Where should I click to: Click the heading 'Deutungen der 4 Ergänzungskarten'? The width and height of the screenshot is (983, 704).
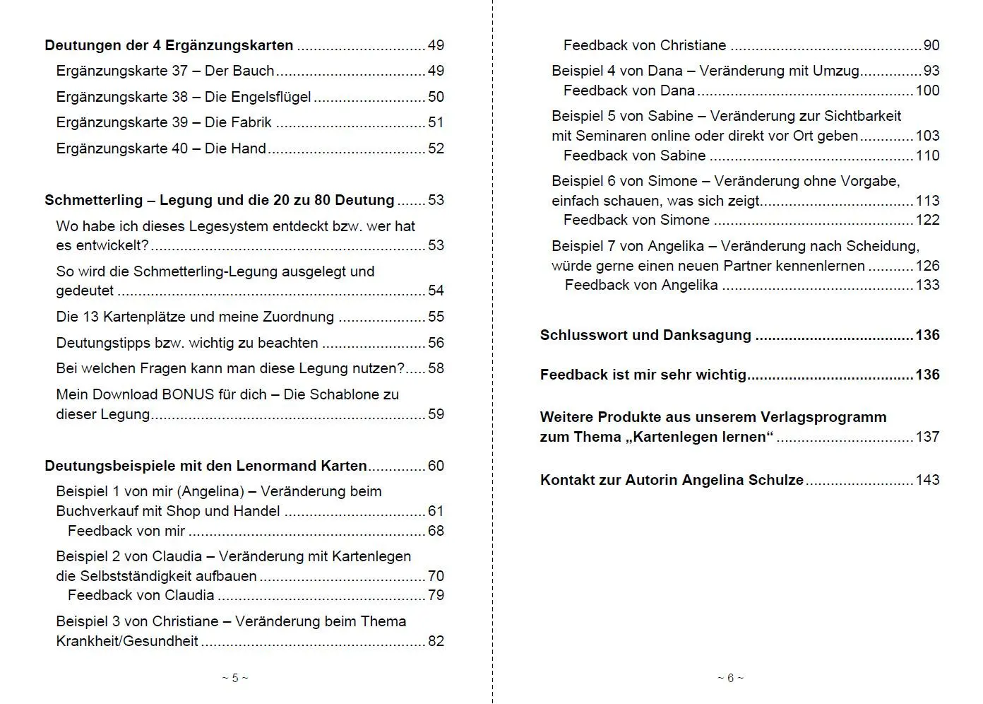tap(169, 45)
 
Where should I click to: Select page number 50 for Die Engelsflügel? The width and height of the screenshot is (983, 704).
tap(436, 97)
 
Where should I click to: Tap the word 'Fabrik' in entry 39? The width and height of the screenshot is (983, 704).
tap(251, 122)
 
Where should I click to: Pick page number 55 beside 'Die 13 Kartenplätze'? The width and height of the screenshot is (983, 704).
tap(436, 317)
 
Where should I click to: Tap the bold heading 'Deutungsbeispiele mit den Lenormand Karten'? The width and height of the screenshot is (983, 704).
tap(205, 466)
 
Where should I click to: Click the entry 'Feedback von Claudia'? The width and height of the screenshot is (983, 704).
tap(141, 595)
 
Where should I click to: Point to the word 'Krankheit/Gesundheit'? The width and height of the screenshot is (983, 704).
tap(127, 641)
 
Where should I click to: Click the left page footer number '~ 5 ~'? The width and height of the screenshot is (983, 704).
tap(235, 678)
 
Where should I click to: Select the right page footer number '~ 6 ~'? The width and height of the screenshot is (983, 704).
tap(730, 678)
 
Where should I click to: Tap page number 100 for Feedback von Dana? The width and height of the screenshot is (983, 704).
tap(927, 90)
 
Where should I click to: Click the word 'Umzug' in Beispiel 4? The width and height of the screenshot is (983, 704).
tap(836, 71)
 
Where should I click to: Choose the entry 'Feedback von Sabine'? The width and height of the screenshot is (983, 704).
tap(634, 156)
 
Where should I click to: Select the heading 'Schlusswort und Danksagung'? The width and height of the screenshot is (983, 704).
tap(645, 335)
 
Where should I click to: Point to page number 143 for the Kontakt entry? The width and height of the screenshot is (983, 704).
tap(927, 480)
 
